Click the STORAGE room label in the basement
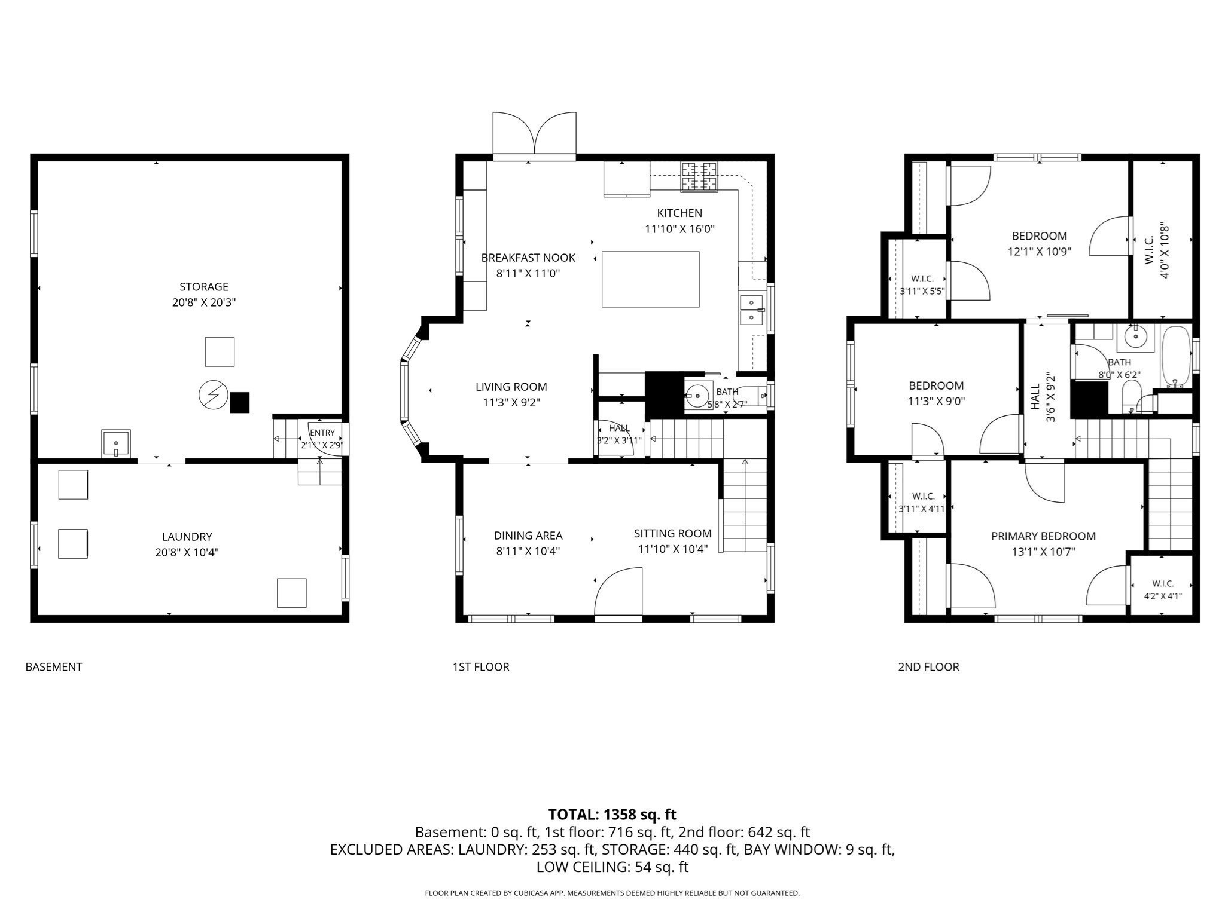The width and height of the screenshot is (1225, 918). click(204, 287)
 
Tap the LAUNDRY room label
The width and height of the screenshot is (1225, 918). click(187, 537)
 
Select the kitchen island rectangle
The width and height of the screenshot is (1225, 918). click(650, 279)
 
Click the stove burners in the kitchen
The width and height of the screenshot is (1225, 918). click(699, 177)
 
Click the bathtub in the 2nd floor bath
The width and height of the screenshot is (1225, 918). click(1176, 356)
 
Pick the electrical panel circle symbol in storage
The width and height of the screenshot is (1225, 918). click(213, 395)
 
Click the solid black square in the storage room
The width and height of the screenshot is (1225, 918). click(240, 402)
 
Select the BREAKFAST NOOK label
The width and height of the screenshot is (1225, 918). click(528, 258)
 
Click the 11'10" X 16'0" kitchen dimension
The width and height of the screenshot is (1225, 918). click(679, 229)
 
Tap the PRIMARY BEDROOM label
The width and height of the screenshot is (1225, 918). click(1043, 536)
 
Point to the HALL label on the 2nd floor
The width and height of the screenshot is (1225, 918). click(1035, 397)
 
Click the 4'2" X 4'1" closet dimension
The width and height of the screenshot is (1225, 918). click(1163, 596)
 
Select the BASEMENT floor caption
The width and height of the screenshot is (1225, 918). click(54, 667)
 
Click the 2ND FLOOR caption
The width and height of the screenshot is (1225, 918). click(928, 667)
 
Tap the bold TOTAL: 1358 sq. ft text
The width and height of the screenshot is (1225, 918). click(612, 815)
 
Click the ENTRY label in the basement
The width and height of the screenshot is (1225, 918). click(322, 433)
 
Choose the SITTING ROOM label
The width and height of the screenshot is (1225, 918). click(673, 533)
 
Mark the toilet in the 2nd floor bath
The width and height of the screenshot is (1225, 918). click(1130, 397)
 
